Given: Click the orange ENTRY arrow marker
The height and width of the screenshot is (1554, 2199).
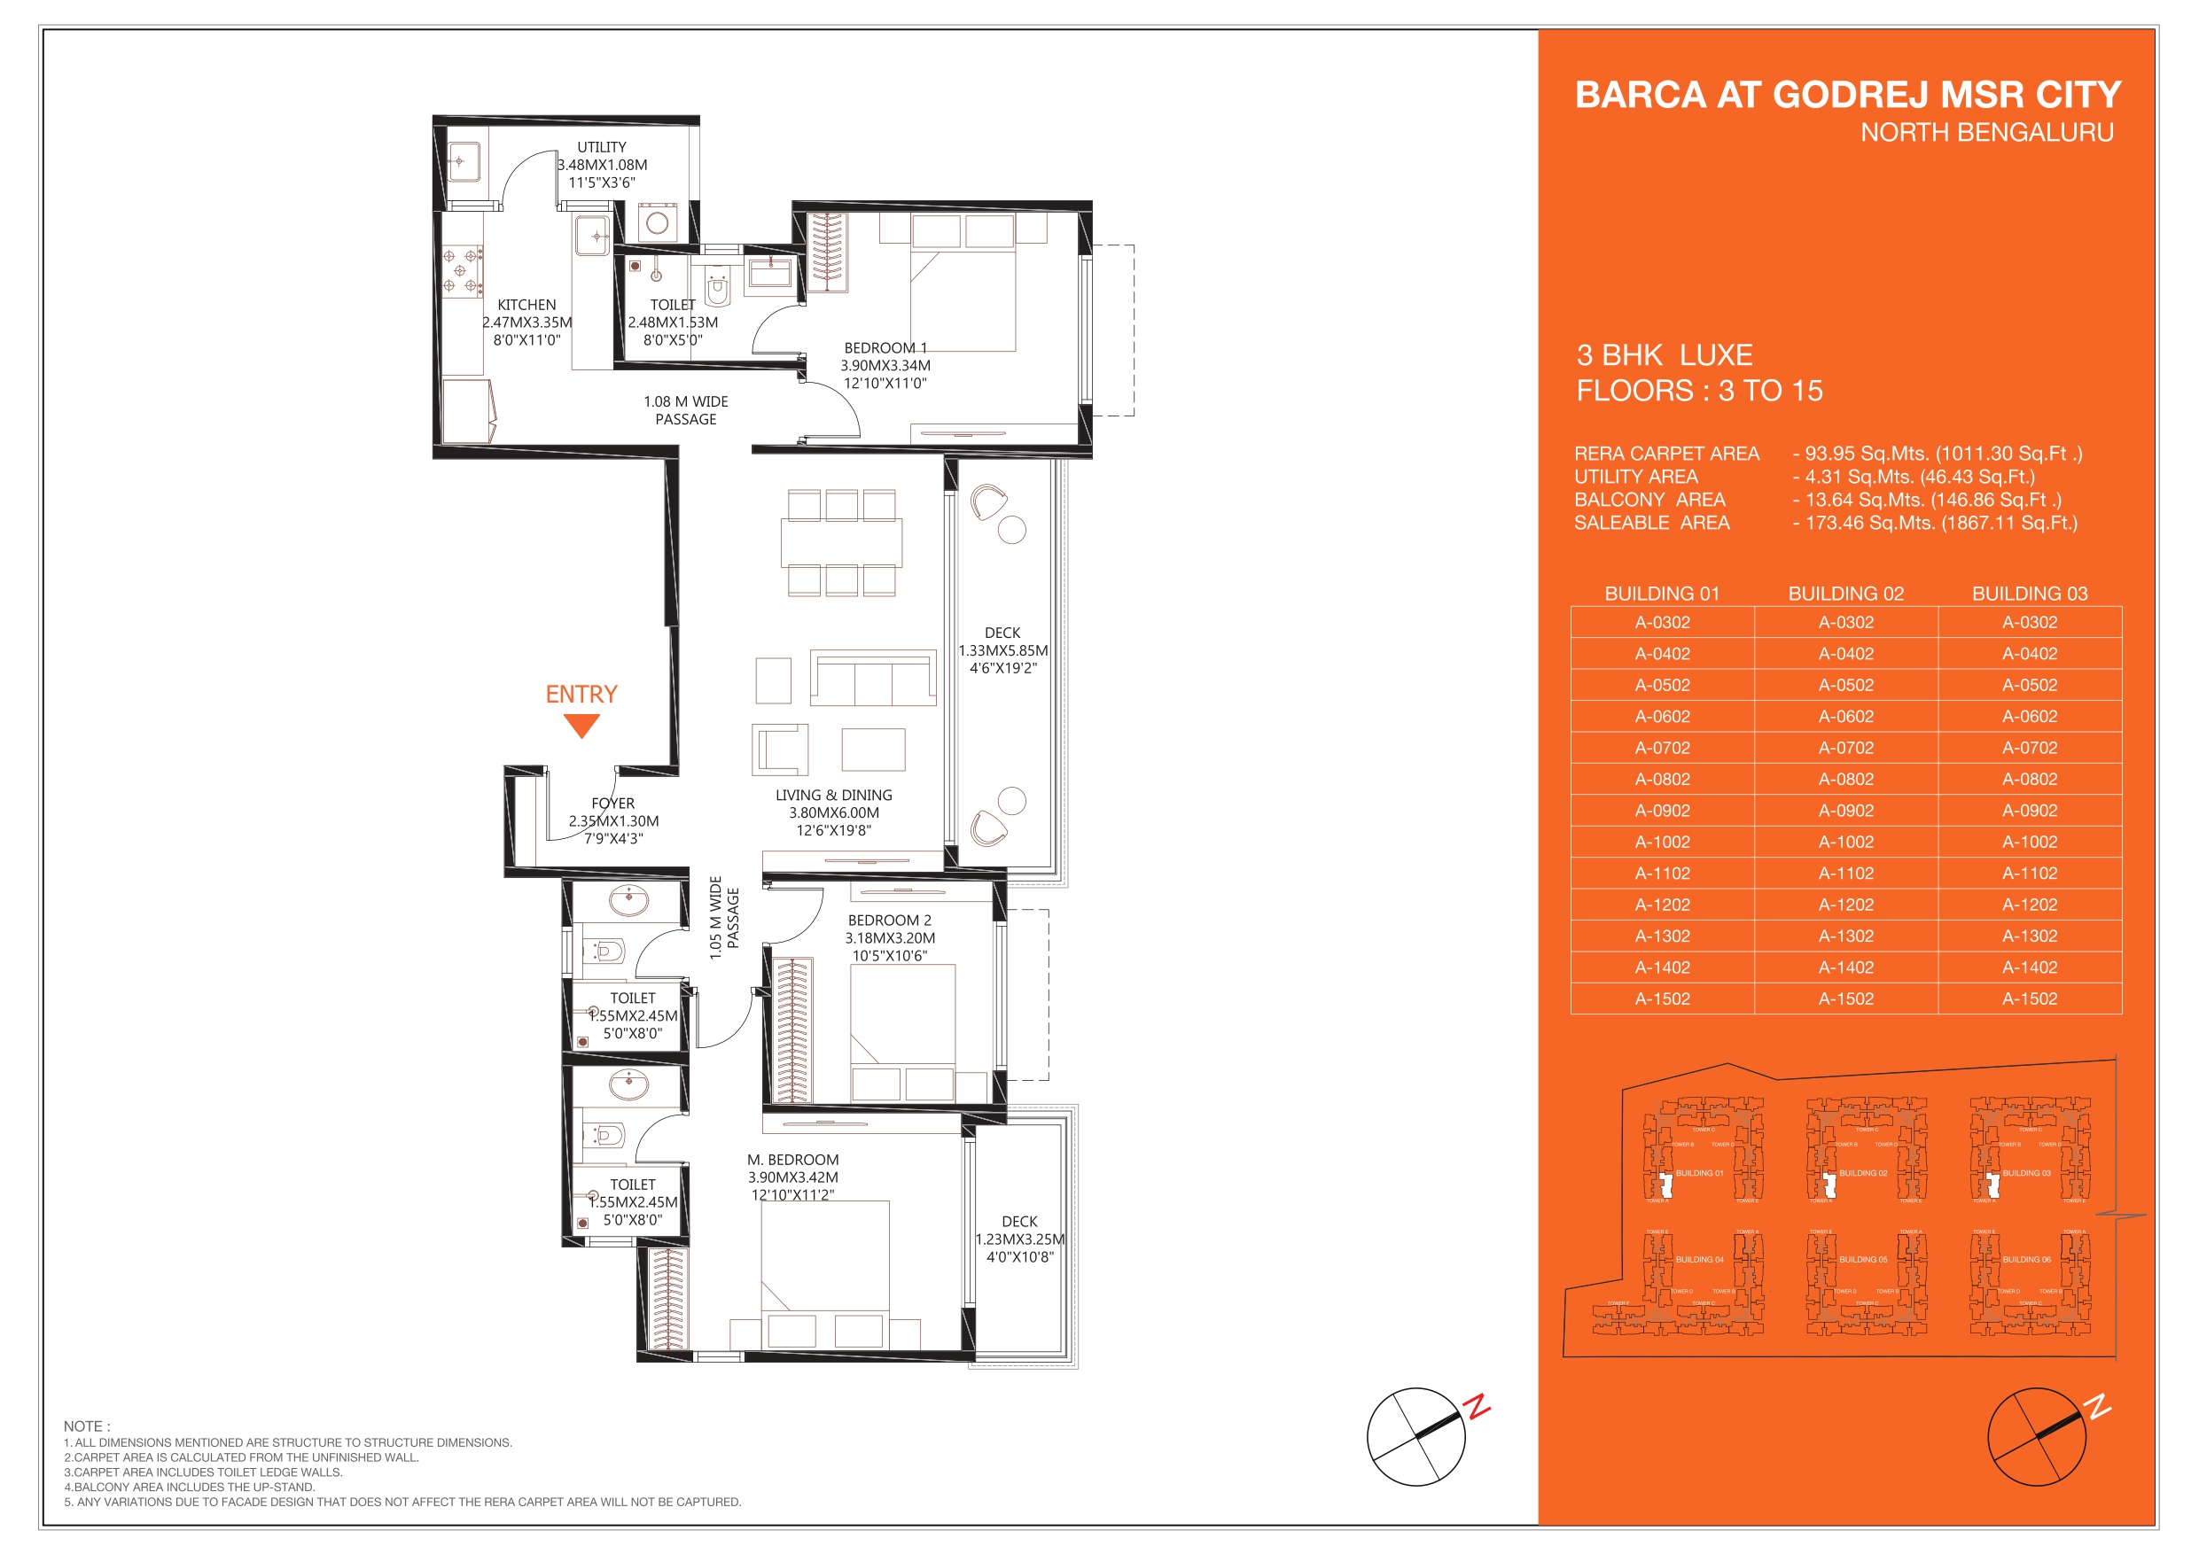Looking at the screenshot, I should click(x=581, y=726).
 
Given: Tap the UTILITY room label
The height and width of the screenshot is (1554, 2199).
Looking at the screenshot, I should click(x=602, y=147).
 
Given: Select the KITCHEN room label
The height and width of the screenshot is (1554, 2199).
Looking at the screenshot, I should click(x=526, y=305).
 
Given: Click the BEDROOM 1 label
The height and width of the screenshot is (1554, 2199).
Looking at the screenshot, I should click(x=885, y=347).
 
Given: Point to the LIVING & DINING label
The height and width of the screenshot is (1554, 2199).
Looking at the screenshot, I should click(x=833, y=795).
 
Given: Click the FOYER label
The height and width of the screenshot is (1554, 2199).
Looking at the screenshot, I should click(x=613, y=804).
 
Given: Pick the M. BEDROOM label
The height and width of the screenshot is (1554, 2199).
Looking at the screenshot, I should click(x=793, y=1160).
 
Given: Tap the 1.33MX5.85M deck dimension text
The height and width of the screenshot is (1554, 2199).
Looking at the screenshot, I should click(x=1002, y=650).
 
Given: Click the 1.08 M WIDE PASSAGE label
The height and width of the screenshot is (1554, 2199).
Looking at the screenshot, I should click(x=686, y=410).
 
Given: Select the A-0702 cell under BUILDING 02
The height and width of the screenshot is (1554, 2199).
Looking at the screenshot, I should click(x=1845, y=748).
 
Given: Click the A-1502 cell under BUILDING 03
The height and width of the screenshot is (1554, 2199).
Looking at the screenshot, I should click(x=2030, y=998).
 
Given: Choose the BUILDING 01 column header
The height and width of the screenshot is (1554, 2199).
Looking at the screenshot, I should click(x=1662, y=594).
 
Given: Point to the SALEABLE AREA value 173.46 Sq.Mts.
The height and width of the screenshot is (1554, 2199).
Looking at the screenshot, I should click(x=1940, y=523).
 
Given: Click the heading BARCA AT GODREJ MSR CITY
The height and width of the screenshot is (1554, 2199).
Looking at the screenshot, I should click(x=1847, y=95).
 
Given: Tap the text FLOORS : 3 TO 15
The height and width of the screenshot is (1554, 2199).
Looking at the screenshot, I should click(x=1699, y=391).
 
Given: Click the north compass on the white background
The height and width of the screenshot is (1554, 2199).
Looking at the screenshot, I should click(x=1415, y=1436).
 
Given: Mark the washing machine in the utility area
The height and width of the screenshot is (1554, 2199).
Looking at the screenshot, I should click(x=657, y=223).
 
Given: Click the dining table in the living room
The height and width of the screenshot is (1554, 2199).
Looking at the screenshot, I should click(x=841, y=543).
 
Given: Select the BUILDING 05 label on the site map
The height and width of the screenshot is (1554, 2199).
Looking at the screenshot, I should click(x=1863, y=1259).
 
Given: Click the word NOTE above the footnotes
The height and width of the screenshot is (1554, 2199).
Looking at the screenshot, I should click(x=86, y=1426).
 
